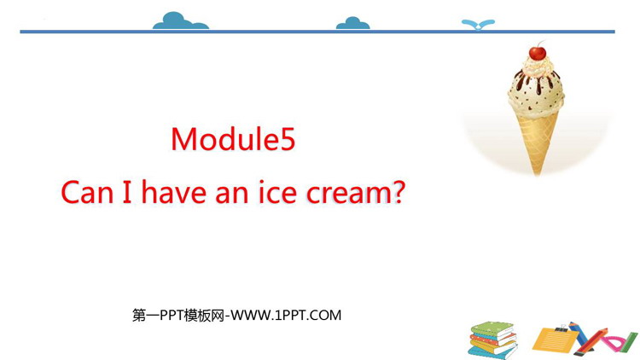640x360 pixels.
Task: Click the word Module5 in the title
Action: [x=233, y=139]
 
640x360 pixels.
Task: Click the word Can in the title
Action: [x=87, y=193]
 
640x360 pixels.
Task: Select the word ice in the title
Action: [x=277, y=192]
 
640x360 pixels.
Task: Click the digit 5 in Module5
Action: [x=286, y=140]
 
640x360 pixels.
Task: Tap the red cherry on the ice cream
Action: [x=538, y=53]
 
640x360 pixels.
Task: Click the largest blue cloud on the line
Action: [x=180, y=21]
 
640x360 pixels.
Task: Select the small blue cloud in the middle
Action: [x=352, y=24]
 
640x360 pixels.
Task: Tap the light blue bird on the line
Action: [x=478, y=25]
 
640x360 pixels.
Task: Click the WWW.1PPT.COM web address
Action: [x=286, y=315]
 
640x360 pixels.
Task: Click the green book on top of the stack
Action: [x=492, y=329]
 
